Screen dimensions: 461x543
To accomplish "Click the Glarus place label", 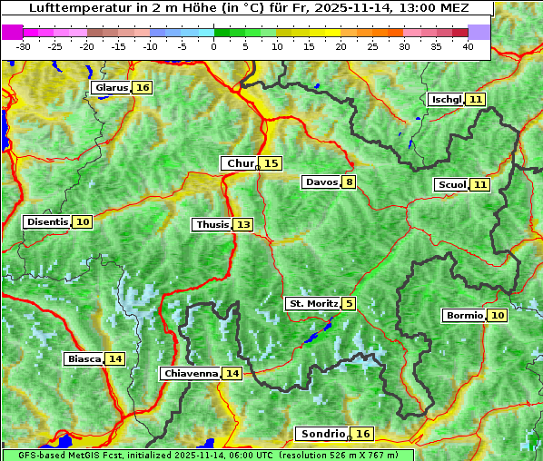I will (x=110, y=88).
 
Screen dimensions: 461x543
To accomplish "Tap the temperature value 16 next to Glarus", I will (x=143, y=88).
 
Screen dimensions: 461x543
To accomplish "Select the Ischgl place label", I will (x=447, y=99).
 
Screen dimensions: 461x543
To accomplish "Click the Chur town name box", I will (x=240, y=163).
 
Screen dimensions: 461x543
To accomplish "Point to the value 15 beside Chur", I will (x=271, y=163).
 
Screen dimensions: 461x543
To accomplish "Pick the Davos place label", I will (x=321, y=181).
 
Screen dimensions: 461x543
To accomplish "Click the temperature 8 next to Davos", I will (x=349, y=181).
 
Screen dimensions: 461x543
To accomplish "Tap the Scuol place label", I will (x=451, y=185).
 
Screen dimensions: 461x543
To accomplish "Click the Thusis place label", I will (x=212, y=224).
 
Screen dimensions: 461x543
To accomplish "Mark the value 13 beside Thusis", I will (x=243, y=224).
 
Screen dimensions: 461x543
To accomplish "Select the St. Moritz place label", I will (x=312, y=303).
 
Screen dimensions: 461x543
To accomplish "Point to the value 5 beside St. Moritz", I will (x=350, y=303).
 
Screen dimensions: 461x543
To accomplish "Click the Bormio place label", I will (x=464, y=316).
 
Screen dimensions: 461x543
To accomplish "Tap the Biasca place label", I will (x=84, y=358).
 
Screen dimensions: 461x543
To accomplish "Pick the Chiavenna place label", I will (x=191, y=373).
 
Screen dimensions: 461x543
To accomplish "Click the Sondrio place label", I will (x=322, y=434).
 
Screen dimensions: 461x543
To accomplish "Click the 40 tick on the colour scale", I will (x=468, y=46).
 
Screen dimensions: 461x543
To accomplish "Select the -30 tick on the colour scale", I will (x=24, y=46).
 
